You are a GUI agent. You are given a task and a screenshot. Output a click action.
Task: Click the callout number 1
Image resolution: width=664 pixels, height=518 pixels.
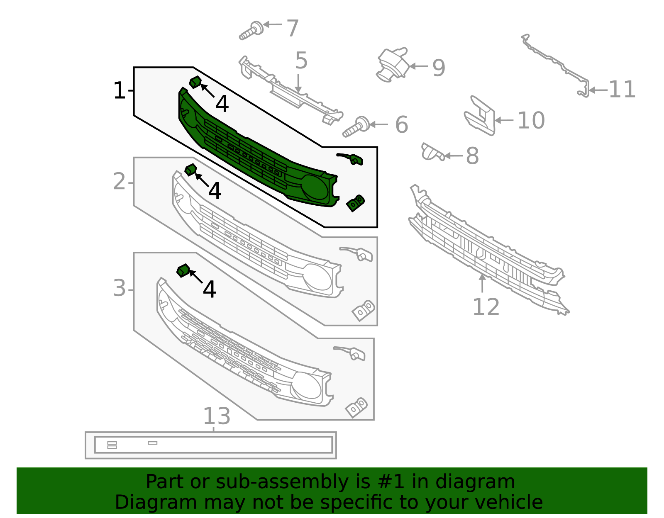(x=119, y=91)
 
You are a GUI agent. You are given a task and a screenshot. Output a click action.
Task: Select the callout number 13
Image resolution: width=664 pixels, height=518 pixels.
(x=217, y=416)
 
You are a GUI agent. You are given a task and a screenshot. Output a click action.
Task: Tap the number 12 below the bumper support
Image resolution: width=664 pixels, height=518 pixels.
(x=486, y=307)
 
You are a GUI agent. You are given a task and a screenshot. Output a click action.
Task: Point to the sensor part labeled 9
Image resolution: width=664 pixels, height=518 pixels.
(x=392, y=64)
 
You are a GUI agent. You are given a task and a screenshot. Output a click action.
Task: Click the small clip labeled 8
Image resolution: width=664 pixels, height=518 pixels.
(x=432, y=152)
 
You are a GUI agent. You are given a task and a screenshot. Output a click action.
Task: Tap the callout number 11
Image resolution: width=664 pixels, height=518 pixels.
(x=622, y=90)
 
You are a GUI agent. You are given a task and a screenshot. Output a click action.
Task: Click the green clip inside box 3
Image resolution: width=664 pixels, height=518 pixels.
(x=183, y=271)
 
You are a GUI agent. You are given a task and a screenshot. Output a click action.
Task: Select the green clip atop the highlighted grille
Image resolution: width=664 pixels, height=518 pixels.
(x=195, y=82)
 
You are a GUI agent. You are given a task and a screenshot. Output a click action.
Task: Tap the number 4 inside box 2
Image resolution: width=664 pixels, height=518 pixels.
(x=215, y=191)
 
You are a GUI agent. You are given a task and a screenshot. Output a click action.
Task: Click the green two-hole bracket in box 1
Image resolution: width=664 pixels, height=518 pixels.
(x=355, y=203)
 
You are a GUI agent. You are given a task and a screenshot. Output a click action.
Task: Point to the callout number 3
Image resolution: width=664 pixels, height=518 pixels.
(x=119, y=288)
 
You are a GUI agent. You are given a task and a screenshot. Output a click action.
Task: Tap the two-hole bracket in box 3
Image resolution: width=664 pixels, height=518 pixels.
(x=356, y=407)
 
